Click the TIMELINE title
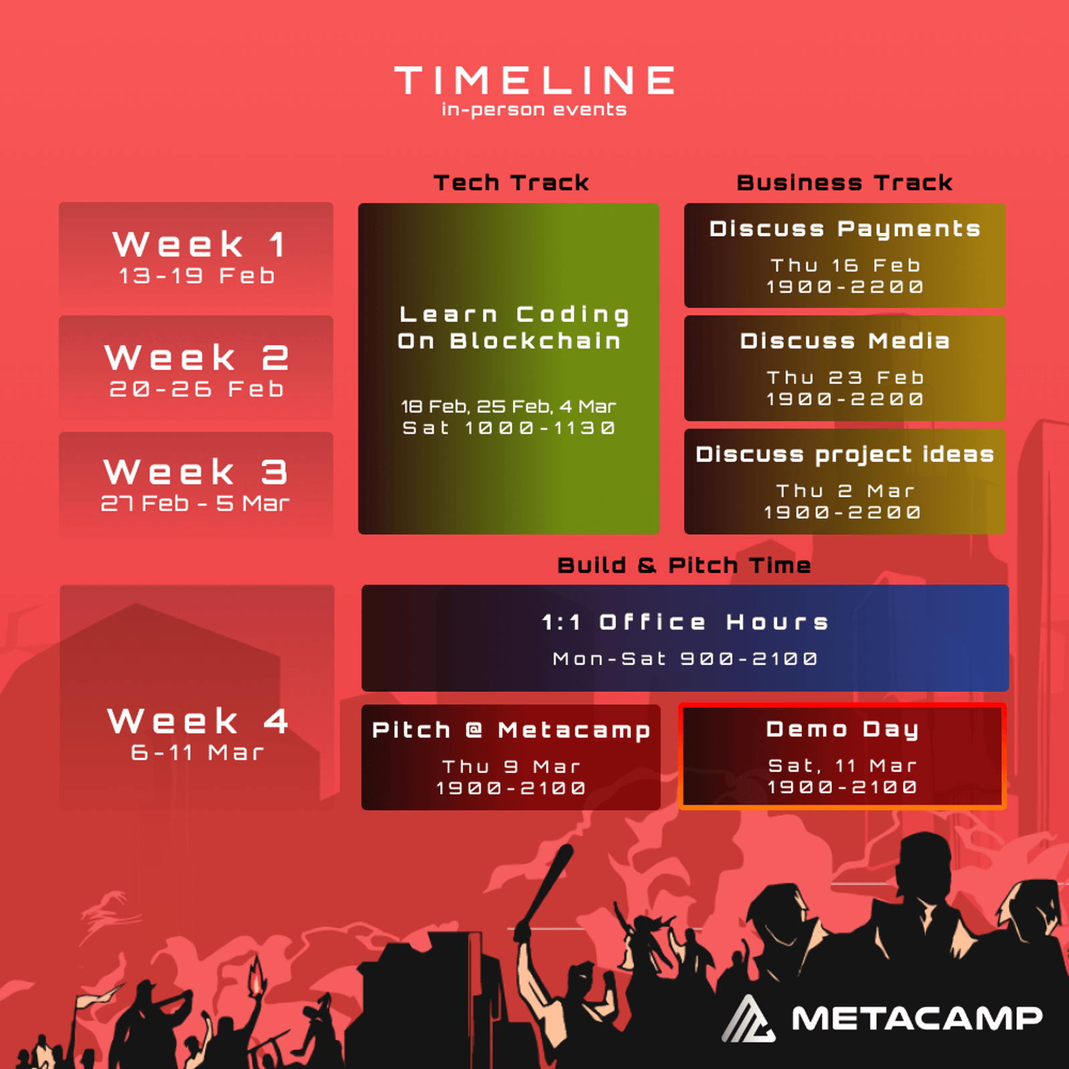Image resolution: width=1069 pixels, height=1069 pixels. click(534, 80)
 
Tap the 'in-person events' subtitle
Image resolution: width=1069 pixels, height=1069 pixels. click(534, 110)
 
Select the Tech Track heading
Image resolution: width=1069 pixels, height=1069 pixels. click(511, 182)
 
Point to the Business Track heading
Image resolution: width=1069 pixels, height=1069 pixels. click(845, 182)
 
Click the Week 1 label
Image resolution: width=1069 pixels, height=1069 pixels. click(199, 243)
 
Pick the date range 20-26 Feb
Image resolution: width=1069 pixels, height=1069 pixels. click(196, 389)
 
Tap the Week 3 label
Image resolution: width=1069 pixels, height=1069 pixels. click(196, 472)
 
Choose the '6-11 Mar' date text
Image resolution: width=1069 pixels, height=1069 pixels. click(198, 752)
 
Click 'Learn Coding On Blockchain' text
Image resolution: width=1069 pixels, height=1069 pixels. click(514, 327)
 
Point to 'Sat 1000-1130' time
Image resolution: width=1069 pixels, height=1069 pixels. click(508, 428)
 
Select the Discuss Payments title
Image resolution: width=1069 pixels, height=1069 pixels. click(845, 229)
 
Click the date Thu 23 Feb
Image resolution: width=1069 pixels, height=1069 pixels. click(845, 377)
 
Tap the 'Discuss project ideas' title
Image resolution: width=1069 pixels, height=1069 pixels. click(845, 454)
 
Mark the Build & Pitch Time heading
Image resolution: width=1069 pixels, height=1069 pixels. click(684, 565)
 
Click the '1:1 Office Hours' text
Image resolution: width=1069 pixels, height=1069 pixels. click(685, 622)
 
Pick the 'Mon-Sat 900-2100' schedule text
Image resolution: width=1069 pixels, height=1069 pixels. click(685, 659)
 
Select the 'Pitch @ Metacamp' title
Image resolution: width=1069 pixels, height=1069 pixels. click(511, 730)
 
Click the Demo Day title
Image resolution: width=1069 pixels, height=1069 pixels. click(843, 730)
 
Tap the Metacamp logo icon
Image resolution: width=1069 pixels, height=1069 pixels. click(749, 1018)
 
